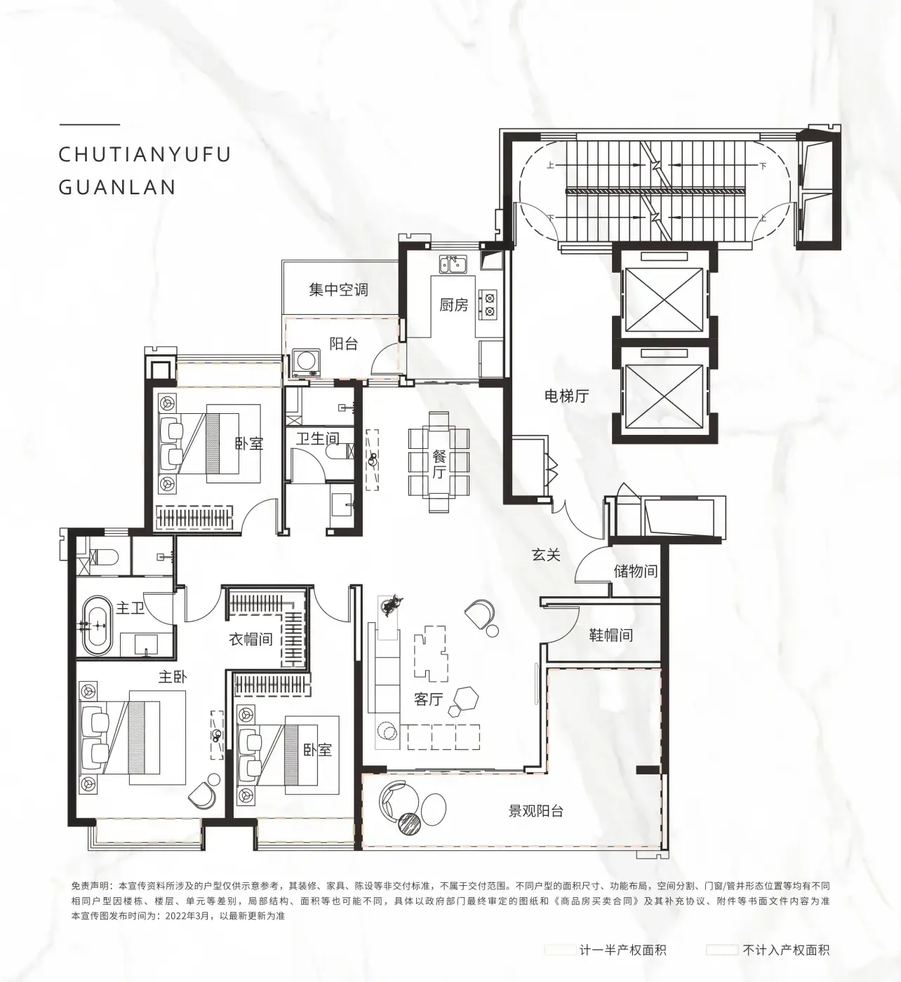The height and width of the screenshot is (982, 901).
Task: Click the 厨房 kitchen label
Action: [x=454, y=305]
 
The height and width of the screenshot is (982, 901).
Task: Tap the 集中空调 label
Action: [x=338, y=290]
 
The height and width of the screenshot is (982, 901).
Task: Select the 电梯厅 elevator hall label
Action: [x=567, y=396]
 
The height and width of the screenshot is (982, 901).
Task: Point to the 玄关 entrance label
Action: [x=546, y=555]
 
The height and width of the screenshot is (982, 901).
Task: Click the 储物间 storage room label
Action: [x=636, y=571]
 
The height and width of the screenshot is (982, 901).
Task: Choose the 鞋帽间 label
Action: [x=611, y=635]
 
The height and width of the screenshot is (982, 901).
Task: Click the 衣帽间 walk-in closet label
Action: [x=251, y=639]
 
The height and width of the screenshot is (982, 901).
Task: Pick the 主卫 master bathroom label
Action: [x=130, y=608]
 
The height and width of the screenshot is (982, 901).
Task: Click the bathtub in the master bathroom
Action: [x=98, y=626]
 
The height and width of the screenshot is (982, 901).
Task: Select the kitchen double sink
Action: [x=453, y=264]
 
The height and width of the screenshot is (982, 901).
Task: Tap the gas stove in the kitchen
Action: [x=489, y=304]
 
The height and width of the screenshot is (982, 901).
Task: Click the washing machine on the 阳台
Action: [x=306, y=363]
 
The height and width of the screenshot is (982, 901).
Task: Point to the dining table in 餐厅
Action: [x=439, y=462]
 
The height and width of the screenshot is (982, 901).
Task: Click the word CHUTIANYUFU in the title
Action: [x=145, y=155]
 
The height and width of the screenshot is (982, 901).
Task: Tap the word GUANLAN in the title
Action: [x=117, y=187]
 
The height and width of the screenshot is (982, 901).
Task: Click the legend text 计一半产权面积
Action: [x=622, y=950]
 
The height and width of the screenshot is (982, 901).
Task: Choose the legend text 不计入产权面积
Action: [x=786, y=950]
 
